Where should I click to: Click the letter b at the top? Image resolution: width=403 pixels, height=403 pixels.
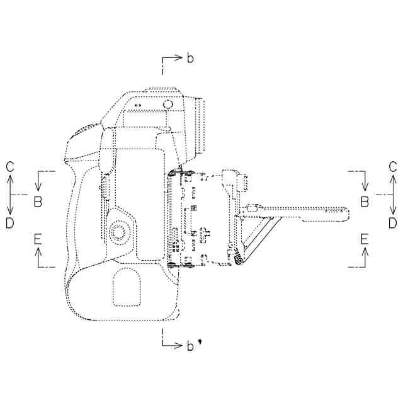[x=190, y=59]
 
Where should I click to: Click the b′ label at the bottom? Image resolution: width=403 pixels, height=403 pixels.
[x=191, y=345]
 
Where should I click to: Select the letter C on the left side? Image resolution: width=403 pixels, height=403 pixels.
[x=9, y=166]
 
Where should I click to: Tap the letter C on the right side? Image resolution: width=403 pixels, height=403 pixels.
[x=392, y=166]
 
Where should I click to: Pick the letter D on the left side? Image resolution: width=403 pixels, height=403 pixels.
[x=9, y=222]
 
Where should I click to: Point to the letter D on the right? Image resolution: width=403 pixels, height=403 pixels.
[x=392, y=222]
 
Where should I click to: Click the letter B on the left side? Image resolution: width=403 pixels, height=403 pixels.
[x=38, y=201]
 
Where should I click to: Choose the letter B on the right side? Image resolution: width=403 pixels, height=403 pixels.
[x=365, y=201]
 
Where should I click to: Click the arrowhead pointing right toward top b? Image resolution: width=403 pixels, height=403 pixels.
[x=179, y=57]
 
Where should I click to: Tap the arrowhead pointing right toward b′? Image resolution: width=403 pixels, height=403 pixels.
[x=179, y=344]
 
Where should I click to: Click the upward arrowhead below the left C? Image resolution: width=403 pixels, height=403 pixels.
[x=10, y=179]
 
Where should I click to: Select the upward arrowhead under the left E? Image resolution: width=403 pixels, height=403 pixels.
[x=38, y=251]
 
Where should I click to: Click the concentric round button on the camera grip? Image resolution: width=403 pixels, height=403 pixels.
[x=118, y=232]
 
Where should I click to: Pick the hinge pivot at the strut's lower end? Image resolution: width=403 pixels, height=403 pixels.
[x=240, y=260]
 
